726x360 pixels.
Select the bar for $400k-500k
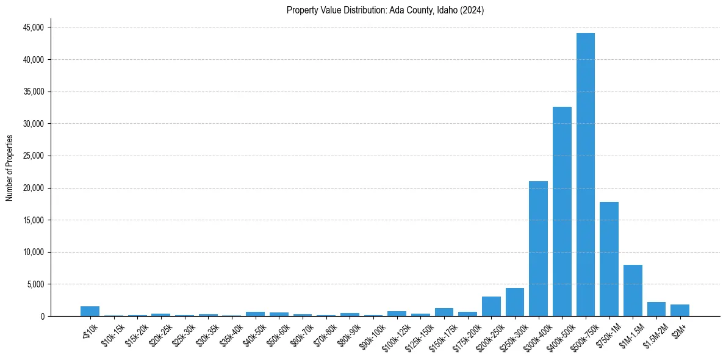562,211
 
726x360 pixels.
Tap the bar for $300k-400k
538,248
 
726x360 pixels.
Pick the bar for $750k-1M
609,259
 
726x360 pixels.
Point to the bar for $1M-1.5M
633,290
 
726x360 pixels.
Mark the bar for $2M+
680,310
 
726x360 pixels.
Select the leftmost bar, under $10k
90,311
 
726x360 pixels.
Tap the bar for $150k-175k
444,312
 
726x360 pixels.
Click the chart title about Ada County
385,10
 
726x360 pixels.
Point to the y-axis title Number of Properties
10,167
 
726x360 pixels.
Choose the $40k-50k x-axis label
253,333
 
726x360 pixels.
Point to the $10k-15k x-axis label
111,333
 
